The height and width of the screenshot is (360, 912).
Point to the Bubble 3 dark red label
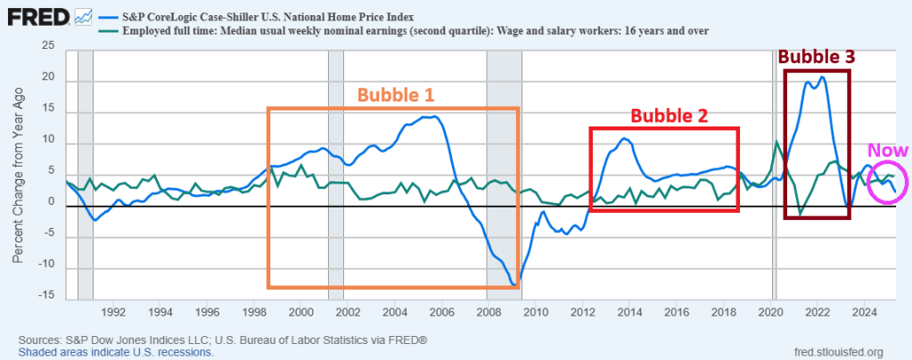point(817,56)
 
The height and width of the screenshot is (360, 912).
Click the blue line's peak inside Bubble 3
point(822,77)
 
